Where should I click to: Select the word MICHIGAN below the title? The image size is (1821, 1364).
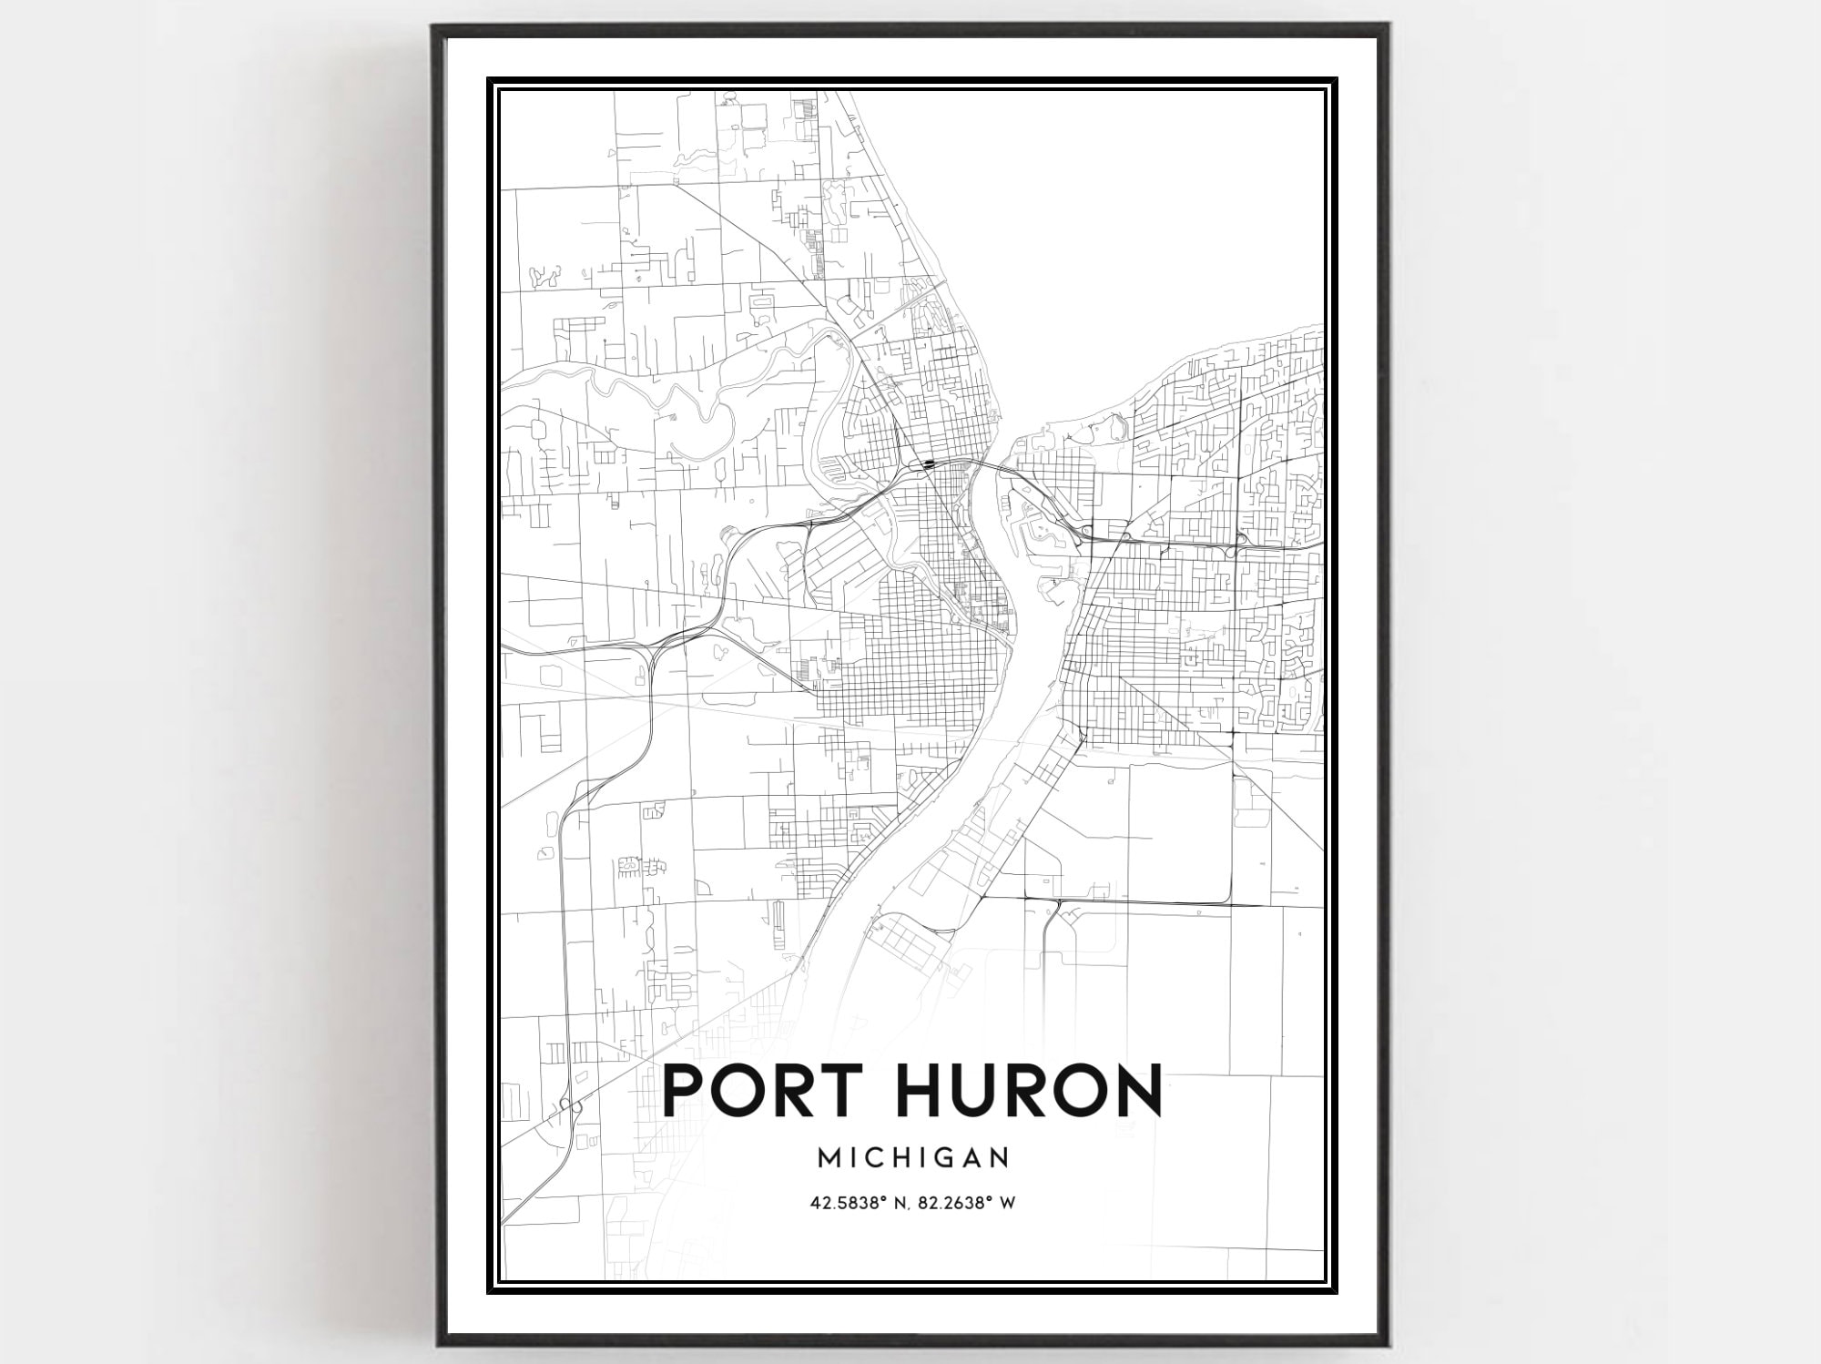[x=913, y=1157]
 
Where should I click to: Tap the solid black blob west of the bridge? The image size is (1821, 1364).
[x=928, y=463]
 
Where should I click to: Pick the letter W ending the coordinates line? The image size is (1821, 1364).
[x=1008, y=1204]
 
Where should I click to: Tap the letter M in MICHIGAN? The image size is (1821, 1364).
[x=829, y=1157]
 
